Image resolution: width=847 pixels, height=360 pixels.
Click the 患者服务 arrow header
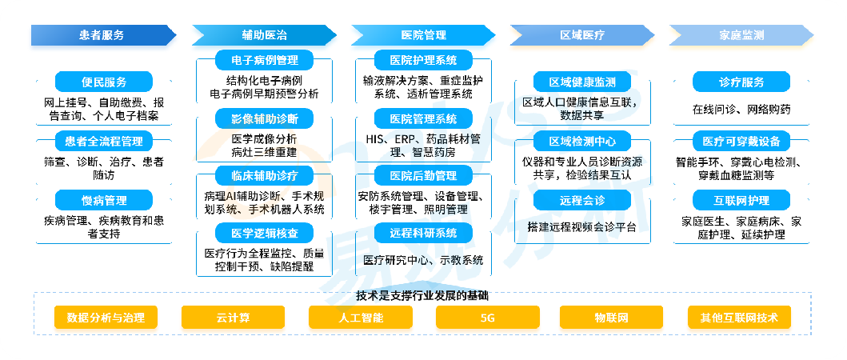103,35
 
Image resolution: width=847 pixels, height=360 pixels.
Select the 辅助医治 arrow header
264,35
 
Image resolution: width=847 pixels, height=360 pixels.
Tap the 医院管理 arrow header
424,35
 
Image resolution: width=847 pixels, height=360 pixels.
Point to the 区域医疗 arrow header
582,35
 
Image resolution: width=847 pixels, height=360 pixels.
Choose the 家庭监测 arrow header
741,35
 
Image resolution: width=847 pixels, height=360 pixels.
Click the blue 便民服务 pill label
104,82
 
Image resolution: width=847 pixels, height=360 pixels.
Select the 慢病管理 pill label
104,201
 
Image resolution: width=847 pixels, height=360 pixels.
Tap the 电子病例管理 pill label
264,59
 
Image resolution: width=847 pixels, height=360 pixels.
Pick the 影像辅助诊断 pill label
264,118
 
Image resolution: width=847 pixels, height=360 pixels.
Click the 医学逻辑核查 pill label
264,233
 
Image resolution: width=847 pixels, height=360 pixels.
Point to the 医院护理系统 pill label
424,59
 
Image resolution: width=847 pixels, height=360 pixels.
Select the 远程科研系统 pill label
424,233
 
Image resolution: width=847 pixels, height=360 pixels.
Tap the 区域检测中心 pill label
582,142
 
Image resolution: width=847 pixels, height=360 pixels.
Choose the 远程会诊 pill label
582,201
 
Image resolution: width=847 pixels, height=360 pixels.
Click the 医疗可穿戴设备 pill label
741,142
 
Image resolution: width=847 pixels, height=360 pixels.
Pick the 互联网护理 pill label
741,201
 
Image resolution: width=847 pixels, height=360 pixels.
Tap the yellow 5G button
487,318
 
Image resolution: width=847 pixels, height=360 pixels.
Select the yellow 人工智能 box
360,318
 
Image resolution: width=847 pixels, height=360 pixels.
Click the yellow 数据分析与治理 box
106,318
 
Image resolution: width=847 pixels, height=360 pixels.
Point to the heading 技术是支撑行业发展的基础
422,296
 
